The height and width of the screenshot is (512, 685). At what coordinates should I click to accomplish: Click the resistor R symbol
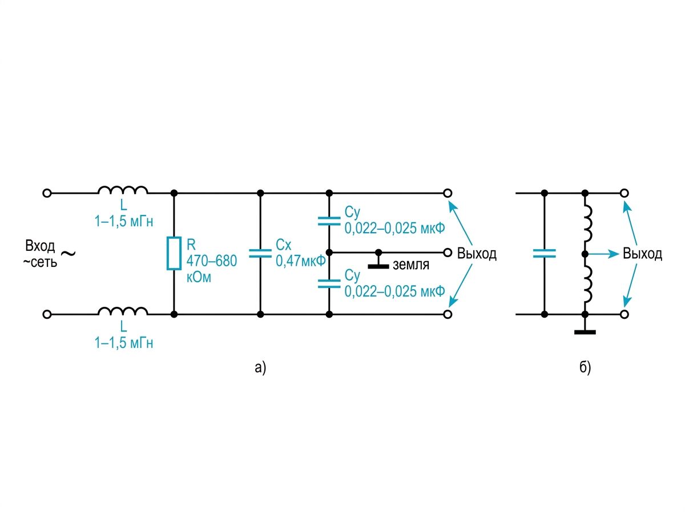174,253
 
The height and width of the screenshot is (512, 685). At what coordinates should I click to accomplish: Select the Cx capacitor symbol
260,253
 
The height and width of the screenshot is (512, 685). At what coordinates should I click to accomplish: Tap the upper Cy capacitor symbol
329,221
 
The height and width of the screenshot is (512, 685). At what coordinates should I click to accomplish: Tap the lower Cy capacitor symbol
329,284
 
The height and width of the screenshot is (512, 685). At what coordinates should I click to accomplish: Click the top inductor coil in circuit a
123,190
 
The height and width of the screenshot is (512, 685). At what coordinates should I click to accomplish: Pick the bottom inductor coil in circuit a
123,311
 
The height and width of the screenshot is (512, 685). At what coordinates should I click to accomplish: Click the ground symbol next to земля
378,261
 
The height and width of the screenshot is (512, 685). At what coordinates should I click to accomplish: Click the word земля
410,265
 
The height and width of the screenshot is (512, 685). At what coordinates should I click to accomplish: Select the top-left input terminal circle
47,193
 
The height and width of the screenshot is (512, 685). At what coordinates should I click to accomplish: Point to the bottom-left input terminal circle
47,314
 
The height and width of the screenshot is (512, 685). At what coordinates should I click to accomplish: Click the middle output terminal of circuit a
448,253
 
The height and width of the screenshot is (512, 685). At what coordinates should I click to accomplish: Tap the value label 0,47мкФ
300,261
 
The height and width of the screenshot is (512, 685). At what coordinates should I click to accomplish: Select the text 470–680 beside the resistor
212,261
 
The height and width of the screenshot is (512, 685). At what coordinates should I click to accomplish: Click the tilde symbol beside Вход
68,253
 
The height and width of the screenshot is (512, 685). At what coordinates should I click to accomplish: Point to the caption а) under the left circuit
260,367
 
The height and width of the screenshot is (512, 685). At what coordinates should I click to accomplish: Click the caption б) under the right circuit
585,367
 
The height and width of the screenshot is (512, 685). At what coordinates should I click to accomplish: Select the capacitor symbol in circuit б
544,253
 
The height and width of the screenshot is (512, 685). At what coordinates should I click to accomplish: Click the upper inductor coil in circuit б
588,223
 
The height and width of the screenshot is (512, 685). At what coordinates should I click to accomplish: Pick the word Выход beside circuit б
642,253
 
